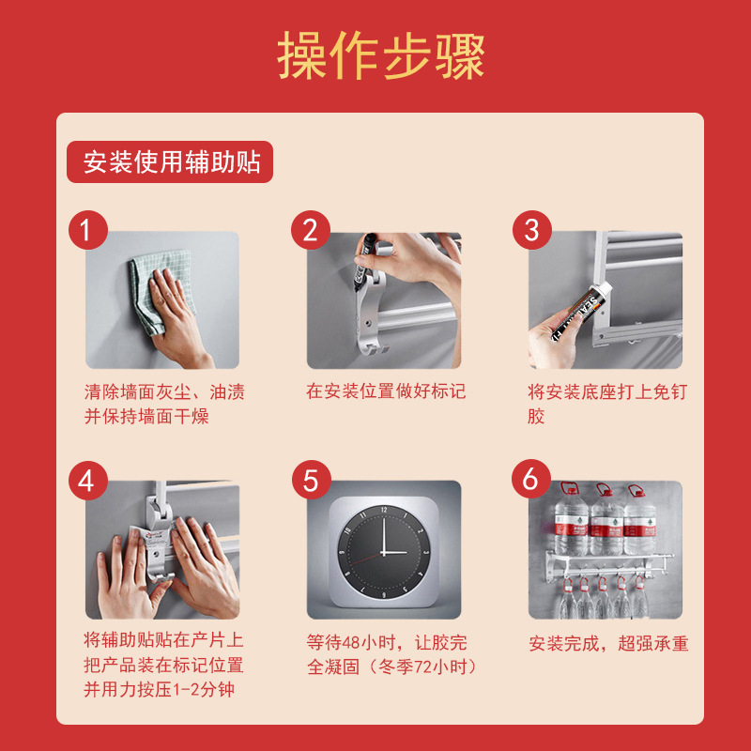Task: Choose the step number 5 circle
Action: coord(310,481)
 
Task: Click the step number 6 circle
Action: coord(531,481)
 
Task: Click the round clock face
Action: coord(384,550)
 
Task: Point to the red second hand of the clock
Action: coord(371,559)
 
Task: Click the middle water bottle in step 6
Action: coord(606,522)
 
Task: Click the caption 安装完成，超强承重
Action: coord(608,644)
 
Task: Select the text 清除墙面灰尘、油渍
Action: coord(165,391)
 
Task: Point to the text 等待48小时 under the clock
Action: coord(357,643)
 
